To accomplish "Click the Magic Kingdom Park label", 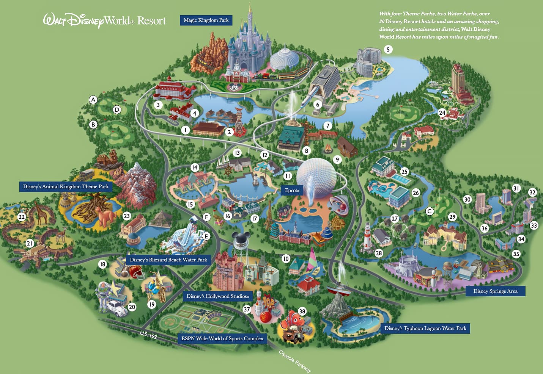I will click(206, 20).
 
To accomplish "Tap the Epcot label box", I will click(292, 190).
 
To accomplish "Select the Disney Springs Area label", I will click(495, 291).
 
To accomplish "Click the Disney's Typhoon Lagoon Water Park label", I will click(425, 328).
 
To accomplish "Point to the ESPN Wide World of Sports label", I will click(222, 338).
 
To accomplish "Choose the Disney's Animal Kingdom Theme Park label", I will click(66, 186).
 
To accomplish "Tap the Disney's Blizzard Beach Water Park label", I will click(168, 260).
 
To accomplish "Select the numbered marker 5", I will click(388, 50).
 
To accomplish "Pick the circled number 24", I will click(442, 113).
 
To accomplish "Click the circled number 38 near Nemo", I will click(302, 311).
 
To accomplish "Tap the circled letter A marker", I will click(93, 100).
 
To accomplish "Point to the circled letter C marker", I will click(430, 211).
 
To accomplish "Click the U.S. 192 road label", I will click(148, 335).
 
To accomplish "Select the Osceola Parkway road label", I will click(295, 361).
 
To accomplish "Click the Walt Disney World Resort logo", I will click(105, 20).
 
